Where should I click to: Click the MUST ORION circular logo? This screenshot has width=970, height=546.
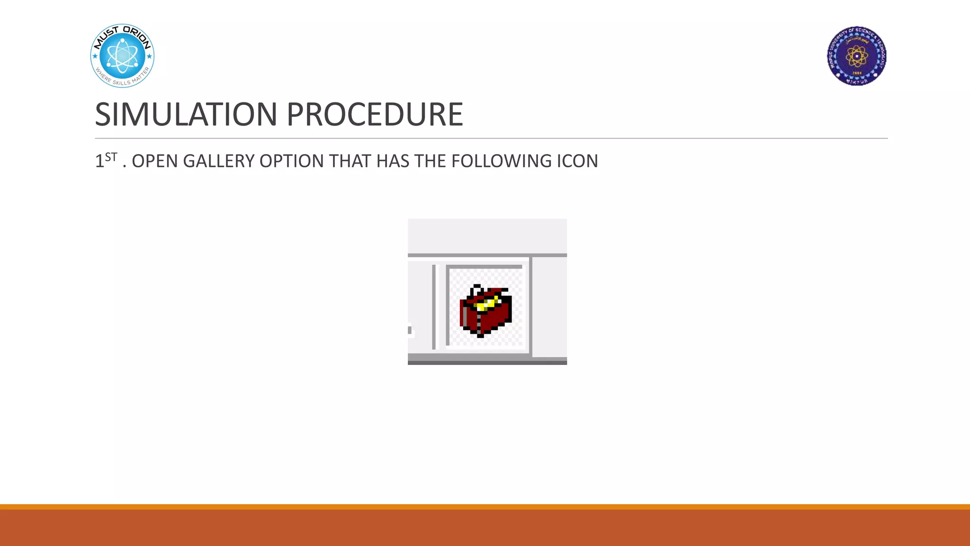122,56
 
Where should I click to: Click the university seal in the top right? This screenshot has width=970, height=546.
856,56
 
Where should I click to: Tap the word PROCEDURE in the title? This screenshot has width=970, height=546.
374,114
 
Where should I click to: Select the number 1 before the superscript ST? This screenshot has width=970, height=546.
99,162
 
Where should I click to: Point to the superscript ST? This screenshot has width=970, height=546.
111,157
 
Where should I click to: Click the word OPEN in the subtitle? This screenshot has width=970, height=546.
155,162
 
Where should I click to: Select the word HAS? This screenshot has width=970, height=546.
393,162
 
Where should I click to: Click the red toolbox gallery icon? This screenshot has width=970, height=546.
485,311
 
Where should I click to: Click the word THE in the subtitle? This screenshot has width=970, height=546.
430,162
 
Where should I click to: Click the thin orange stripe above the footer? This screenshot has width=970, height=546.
485,507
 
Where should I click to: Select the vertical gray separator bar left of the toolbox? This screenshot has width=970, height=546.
434,307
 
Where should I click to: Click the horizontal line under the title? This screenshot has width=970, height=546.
491,138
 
